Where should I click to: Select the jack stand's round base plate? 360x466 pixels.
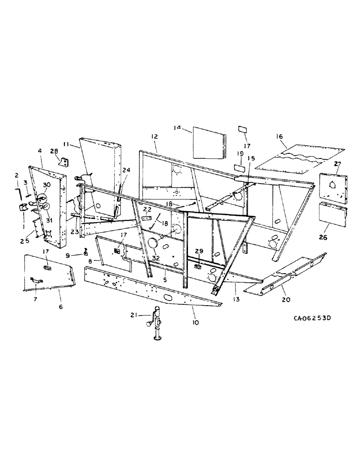[x=160, y=339]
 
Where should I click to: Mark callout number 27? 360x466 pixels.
[x=338, y=164]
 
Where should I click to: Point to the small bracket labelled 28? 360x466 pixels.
[x=63, y=160]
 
